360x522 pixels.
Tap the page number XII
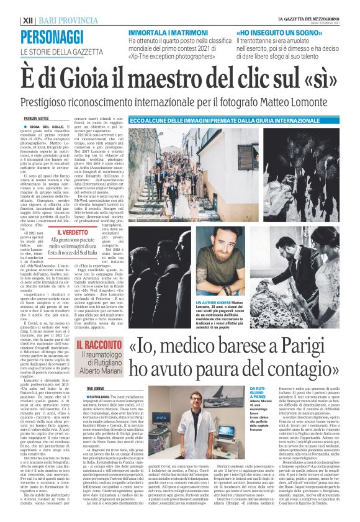(x=28, y=20)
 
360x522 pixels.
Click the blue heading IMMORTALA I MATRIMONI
(x=165, y=31)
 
